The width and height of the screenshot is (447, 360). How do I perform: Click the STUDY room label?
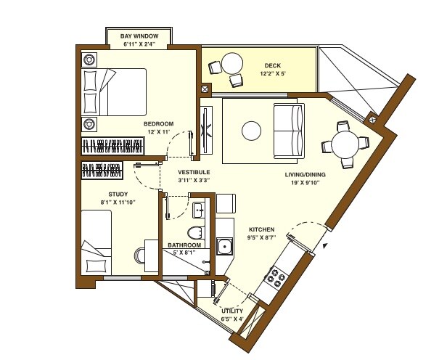[118, 195]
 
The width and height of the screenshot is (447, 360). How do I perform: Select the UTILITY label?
[232, 311]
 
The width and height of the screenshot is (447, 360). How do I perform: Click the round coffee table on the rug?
[252, 131]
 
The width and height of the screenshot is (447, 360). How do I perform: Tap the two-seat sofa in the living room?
[288, 131]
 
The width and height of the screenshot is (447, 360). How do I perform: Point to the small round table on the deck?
[232, 62]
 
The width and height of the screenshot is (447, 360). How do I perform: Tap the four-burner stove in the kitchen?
[276, 277]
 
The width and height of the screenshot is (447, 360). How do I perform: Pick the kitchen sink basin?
[226, 247]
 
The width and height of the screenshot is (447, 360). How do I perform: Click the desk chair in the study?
[139, 256]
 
